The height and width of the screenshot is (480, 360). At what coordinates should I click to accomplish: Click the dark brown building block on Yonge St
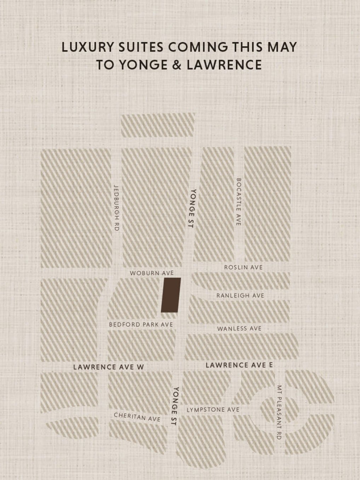tap(171, 295)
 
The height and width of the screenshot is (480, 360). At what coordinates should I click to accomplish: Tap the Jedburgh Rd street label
tap(116, 208)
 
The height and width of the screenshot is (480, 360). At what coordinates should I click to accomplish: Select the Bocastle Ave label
tap(238, 201)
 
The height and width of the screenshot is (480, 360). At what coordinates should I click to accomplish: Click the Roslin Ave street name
tap(244, 267)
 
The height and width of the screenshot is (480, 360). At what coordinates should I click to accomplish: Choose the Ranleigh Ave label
tap(240, 295)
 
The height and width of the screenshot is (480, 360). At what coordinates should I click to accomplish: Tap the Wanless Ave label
tap(239, 329)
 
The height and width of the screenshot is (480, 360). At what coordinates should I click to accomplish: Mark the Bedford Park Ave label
tap(141, 324)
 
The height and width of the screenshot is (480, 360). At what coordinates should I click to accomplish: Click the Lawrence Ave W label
tap(109, 367)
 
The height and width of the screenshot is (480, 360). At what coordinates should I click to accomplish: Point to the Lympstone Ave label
tap(213, 410)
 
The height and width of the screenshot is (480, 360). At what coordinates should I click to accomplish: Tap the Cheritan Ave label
tap(137, 417)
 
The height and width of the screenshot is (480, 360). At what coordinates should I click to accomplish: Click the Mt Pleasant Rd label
tap(279, 412)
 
